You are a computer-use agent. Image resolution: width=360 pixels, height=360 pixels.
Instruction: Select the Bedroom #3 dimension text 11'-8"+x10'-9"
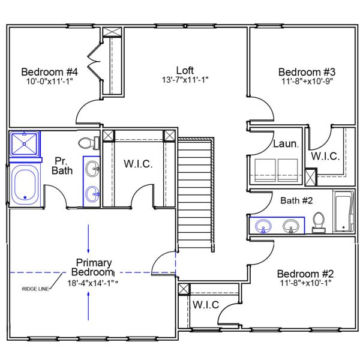tap(306, 80)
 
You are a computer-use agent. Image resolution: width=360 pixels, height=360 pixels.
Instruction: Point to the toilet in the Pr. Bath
tap(88, 143)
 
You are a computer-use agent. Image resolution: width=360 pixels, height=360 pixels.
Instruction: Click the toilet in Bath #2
tap(319, 222)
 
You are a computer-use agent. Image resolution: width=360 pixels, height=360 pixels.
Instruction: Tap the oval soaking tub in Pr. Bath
tap(25, 184)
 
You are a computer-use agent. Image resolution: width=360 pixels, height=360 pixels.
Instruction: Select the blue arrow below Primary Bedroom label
tap(89, 304)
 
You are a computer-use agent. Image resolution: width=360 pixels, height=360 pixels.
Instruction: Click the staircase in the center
tap(196, 192)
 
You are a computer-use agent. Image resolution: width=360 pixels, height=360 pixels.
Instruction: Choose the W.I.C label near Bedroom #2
tap(206, 304)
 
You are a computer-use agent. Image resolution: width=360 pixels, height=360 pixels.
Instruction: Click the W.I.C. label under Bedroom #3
tap(325, 156)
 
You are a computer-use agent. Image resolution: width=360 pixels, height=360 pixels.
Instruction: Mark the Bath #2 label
tap(296, 200)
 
